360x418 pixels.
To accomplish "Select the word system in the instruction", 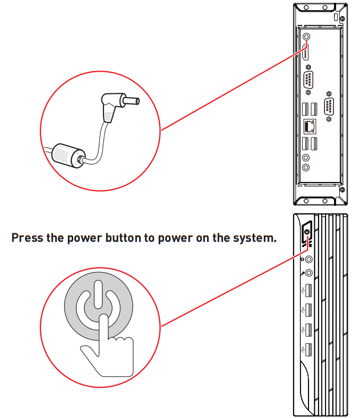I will click(255, 238).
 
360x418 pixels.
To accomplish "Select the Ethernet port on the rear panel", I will click(310, 126).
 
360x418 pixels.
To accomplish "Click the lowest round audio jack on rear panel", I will click(306, 167).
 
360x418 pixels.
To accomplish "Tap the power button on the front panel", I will click(307, 233).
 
